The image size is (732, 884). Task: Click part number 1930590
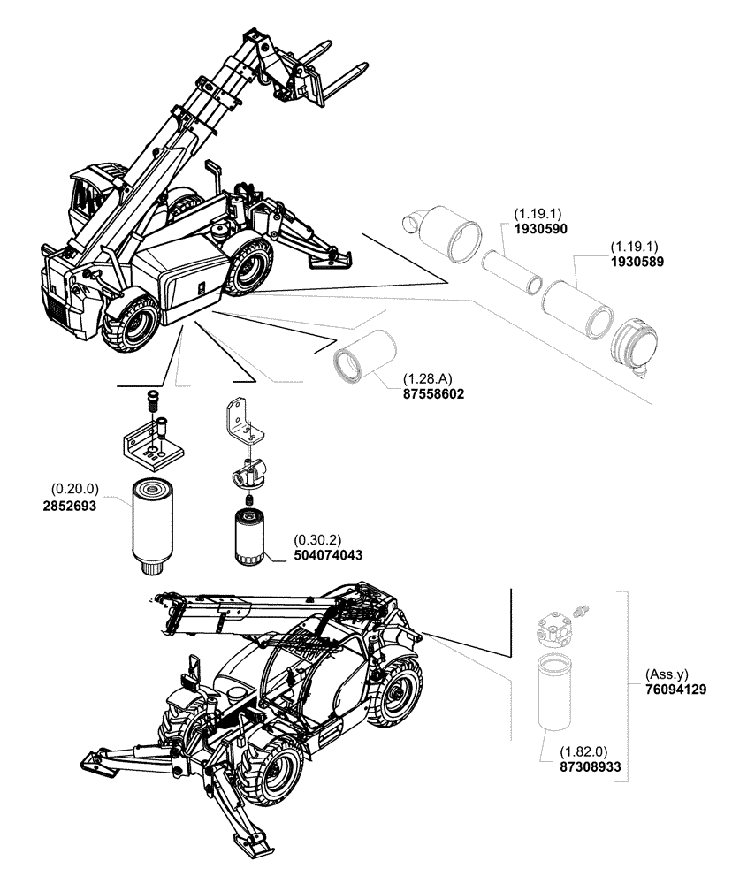pyautogui.click(x=540, y=228)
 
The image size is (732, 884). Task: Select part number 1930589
pyautogui.click(x=637, y=262)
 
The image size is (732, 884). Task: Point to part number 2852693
pyautogui.click(x=70, y=507)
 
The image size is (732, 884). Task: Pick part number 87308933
pyautogui.click(x=586, y=769)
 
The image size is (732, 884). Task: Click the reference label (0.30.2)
pyautogui.click(x=316, y=539)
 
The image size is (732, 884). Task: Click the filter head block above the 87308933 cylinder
pyautogui.click(x=554, y=630)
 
